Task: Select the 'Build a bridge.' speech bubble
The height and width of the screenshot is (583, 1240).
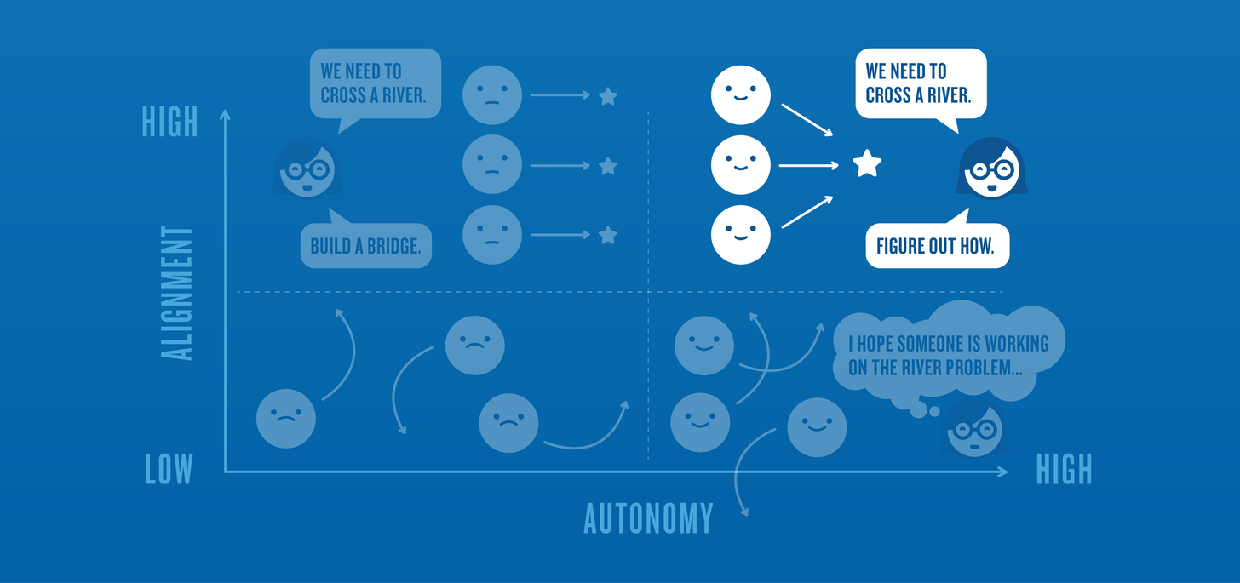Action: [365, 247]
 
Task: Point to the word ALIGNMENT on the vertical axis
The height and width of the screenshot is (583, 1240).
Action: [178, 293]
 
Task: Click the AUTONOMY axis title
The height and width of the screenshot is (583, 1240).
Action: [648, 517]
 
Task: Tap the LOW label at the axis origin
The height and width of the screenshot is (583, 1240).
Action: [169, 469]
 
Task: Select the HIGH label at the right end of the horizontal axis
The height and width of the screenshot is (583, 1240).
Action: [1064, 469]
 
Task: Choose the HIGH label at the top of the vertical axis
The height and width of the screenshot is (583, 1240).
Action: [169, 122]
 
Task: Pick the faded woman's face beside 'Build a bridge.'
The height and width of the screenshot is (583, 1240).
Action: [307, 169]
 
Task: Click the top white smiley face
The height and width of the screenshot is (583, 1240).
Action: [740, 93]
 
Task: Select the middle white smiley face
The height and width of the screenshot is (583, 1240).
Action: [740, 163]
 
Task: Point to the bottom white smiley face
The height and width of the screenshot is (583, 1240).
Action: [740, 233]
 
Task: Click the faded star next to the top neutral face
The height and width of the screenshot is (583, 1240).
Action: [607, 96]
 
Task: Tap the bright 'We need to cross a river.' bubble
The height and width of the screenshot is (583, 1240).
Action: [920, 83]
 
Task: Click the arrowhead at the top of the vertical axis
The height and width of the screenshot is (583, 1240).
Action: [225, 114]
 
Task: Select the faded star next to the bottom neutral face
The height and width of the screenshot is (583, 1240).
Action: [607, 235]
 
